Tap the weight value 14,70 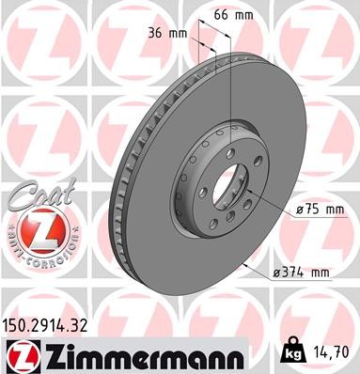tap(333, 354)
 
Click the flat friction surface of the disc tap(282, 141)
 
